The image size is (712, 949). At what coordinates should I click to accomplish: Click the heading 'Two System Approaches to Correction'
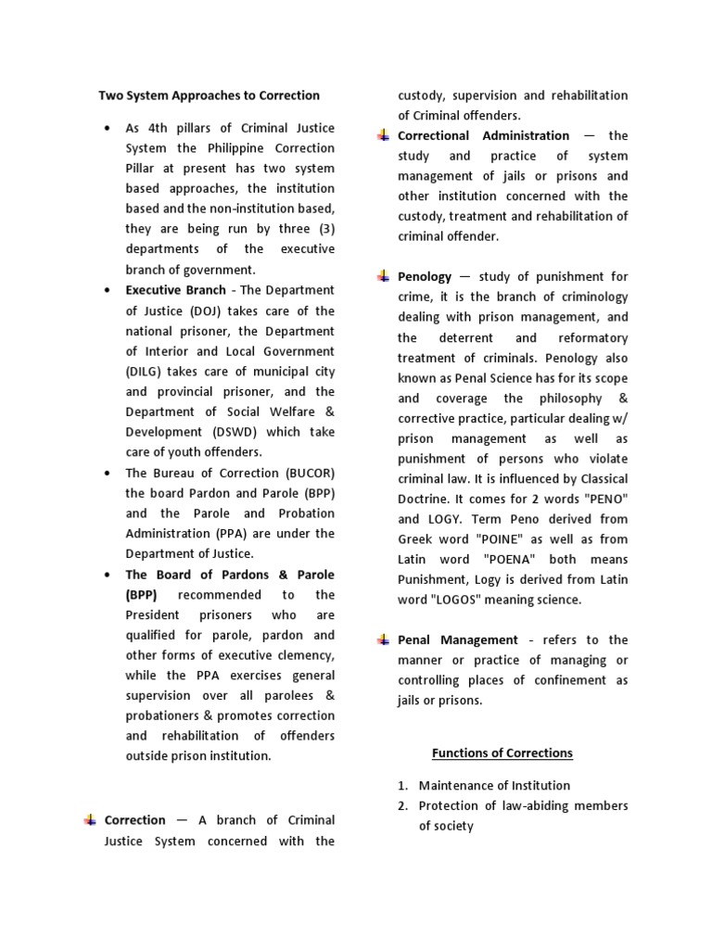pos(209,95)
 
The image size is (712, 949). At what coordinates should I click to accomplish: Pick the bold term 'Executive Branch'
pos(176,291)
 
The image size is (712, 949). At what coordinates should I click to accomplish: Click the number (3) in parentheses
pos(324,229)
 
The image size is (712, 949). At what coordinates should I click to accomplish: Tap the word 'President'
pos(155,615)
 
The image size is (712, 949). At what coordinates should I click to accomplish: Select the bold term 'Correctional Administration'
pos(484,136)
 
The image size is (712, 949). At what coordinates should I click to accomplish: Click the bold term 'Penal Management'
pos(458,640)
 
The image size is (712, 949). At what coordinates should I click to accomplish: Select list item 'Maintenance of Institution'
pos(494,786)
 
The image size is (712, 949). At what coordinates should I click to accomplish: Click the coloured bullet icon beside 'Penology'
pos(382,276)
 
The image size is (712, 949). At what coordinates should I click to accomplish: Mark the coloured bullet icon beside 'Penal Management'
pos(382,640)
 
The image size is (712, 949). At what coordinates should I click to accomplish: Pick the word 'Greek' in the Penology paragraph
pos(416,539)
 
